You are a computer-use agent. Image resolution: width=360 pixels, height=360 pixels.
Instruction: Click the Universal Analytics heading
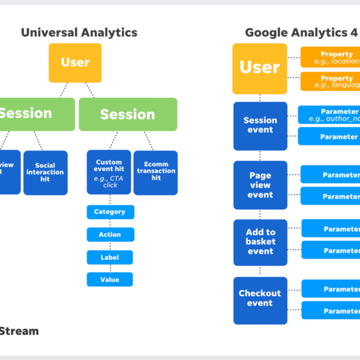79,33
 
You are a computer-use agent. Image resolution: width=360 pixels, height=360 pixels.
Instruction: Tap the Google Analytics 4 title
301,33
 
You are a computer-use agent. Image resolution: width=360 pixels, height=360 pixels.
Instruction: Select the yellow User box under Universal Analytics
75,62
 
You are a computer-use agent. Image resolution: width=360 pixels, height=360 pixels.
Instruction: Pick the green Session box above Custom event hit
128,114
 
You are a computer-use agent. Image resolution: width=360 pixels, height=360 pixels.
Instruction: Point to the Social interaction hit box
46,173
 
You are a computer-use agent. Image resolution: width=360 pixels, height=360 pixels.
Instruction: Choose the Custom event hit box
109,172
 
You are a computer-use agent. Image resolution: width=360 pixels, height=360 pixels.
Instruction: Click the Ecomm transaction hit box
155,172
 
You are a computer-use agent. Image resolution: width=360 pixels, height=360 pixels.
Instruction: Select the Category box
110,212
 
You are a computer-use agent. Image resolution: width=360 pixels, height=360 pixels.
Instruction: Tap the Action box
110,235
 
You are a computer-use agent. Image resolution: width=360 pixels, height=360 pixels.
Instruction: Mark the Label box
110,257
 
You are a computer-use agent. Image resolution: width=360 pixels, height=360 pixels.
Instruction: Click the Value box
110,280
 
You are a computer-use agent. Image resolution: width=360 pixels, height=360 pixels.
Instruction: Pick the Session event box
260,125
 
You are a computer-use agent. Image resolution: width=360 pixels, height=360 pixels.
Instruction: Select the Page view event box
260,185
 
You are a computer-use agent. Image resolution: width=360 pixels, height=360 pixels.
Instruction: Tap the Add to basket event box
260,242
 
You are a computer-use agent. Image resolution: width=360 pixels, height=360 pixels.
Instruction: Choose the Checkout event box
260,298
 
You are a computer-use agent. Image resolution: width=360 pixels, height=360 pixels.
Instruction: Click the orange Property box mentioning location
331,58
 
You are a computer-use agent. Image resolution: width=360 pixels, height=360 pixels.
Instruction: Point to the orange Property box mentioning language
331,82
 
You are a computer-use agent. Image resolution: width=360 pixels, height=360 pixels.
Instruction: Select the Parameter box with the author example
329,115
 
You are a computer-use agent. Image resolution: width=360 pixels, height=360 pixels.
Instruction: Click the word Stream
19,331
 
